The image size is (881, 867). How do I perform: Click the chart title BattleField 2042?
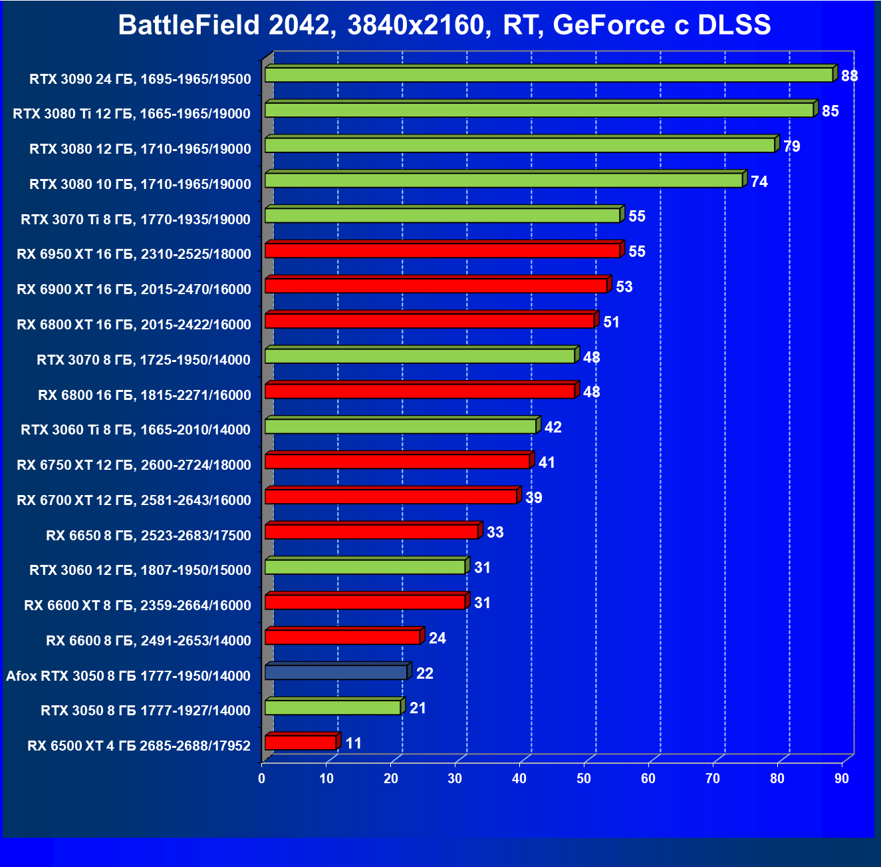[444, 25]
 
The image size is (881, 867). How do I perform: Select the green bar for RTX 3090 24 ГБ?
[549, 75]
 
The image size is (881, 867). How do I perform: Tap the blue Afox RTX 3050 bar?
[336, 672]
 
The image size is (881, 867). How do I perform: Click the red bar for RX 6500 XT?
[301, 743]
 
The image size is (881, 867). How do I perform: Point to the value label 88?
[849, 76]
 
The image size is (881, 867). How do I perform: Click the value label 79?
[791, 146]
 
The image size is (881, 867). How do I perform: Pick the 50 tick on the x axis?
[584, 779]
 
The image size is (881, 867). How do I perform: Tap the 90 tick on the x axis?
[842, 779]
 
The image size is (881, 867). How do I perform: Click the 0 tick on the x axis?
[262, 779]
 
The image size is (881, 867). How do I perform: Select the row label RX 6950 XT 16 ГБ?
[134, 254]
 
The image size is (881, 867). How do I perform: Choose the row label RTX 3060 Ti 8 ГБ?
[135, 430]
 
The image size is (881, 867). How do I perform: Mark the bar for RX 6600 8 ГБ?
[342, 637]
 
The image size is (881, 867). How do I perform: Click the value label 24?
[437, 638]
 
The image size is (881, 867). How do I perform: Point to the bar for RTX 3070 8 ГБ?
[420, 356]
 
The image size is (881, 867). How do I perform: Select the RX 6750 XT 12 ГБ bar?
[397, 461]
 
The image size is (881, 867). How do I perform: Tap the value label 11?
[354, 743]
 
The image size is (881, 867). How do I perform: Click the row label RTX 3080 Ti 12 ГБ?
[132, 114]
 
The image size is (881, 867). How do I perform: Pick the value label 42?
[553, 427]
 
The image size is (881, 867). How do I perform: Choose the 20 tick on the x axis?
[391, 779]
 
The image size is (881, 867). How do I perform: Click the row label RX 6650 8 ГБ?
[148, 536]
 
